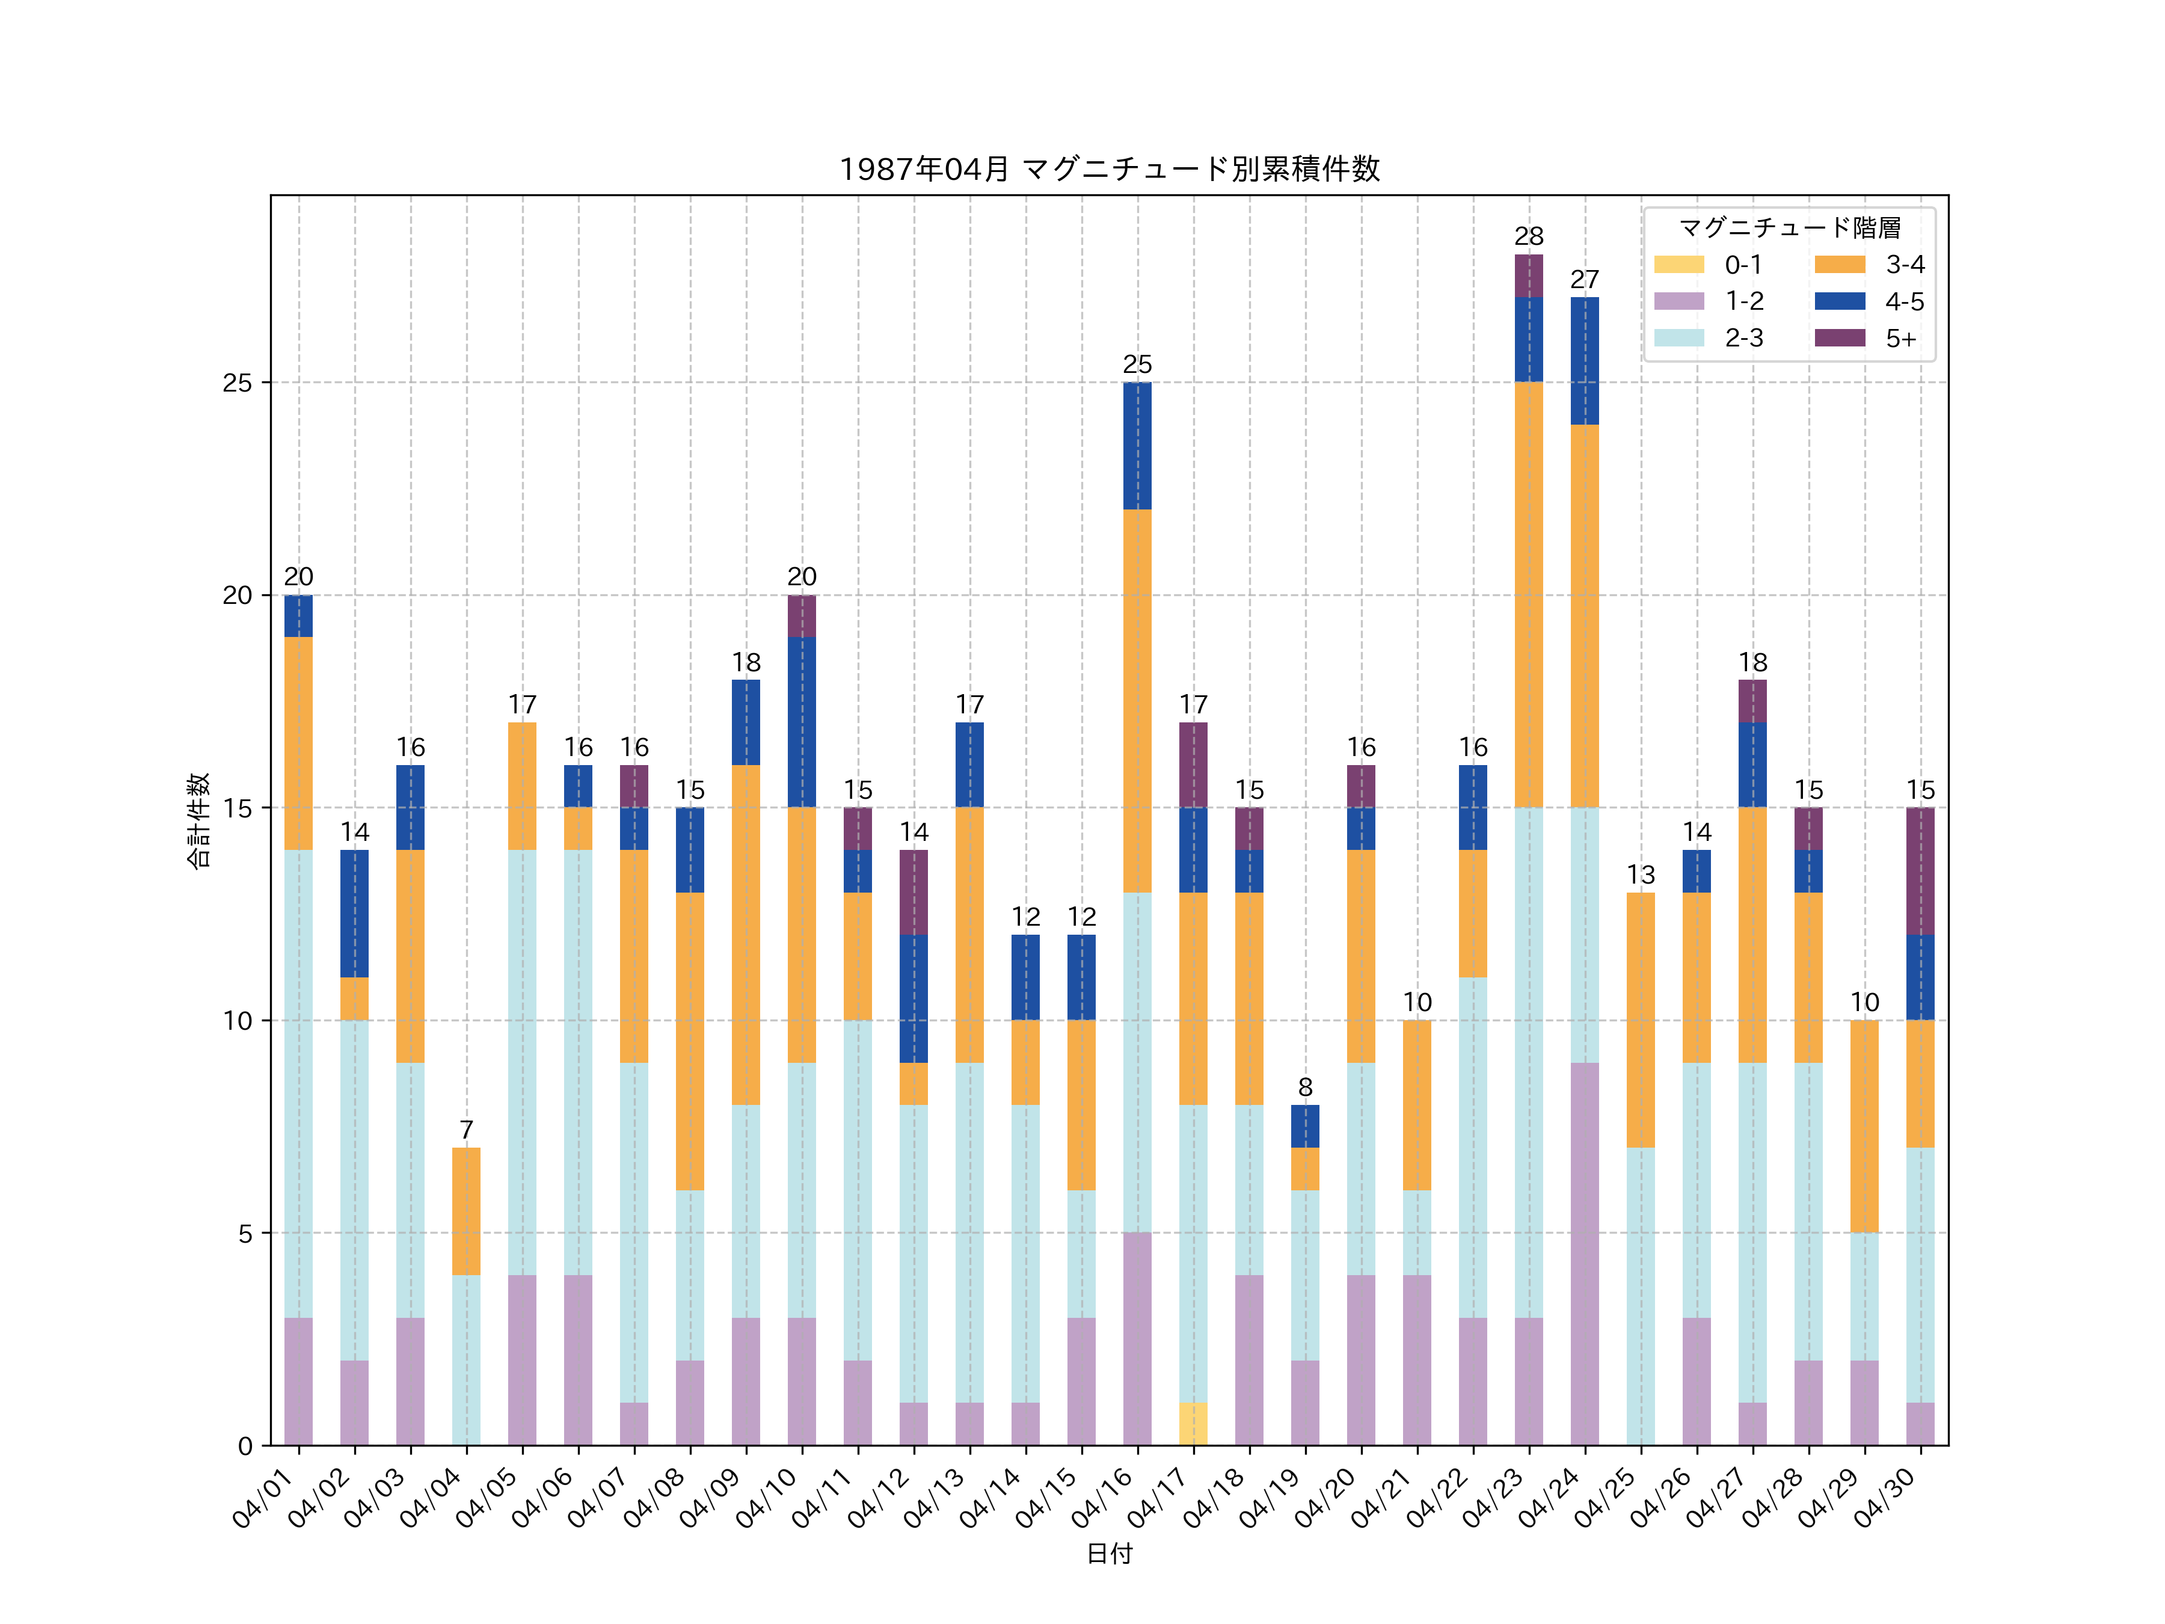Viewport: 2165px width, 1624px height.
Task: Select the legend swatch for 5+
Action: pyautogui.click(x=1839, y=337)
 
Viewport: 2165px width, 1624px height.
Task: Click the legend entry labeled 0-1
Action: pyautogui.click(x=1742, y=264)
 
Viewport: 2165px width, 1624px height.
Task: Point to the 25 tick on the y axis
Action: pyautogui.click(x=237, y=383)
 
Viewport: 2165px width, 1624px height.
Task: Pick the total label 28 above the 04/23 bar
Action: pyautogui.click(x=1529, y=236)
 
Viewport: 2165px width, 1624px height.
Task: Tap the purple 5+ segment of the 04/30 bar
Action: pyautogui.click(x=1920, y=871)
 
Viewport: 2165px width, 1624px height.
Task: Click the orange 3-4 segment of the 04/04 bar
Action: pyautogui.click(x=466, y=1211)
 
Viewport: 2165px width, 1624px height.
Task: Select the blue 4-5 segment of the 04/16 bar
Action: pyautogui.click(x=1137, y=446)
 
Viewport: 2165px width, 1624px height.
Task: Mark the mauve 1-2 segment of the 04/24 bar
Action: pyautogui.click(x=1585, y=1253)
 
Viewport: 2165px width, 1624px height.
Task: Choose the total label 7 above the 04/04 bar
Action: pyautogui.click(x=466, y=1130)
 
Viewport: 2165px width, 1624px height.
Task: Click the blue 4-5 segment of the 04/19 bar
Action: pyautogui.click(x=1304, y=1126)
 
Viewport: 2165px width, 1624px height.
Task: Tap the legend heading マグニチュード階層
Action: pyautogui.click(x=1789, y=228)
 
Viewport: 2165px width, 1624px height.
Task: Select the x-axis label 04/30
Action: pyautogui.click(x=1886, y=1498)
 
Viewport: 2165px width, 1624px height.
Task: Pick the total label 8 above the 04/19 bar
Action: pyautogui.click(x=1304, y=1087)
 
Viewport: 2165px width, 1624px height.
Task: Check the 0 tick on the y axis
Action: pyautogui.click(x=245, y=1446)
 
